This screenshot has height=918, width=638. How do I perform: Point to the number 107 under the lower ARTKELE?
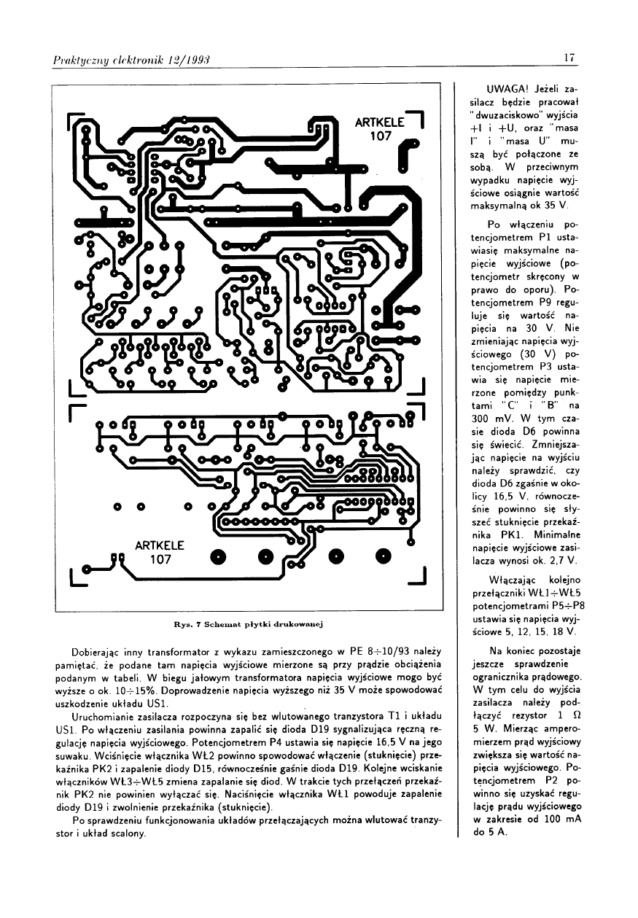tap(160, 560)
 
